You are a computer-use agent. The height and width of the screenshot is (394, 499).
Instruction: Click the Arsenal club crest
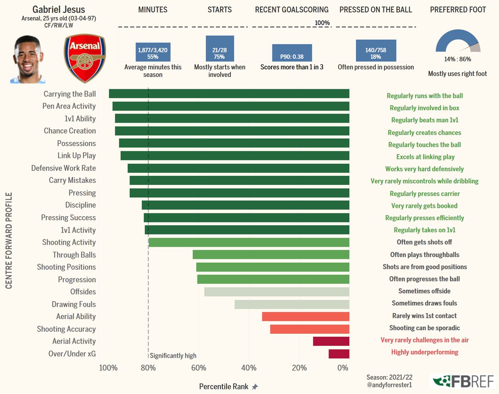[x=85, y=59]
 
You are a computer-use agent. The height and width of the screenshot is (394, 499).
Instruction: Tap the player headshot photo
[x=28, y=59]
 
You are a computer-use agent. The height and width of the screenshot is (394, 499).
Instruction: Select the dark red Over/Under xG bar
[x=338, y=354]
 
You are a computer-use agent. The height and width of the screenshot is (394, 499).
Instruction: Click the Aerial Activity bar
[x=331, y=341]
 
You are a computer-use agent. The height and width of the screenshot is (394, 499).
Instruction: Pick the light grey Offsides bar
[x=277, y=292]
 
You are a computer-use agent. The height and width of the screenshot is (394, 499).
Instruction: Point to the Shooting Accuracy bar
[x=309, y=329]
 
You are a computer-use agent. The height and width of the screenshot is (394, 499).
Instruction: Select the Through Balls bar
[x=271, y=255]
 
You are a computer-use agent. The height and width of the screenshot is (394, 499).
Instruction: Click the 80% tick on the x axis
[x=148, y=368]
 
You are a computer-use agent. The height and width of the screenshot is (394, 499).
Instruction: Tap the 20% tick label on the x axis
[x=299, y=368]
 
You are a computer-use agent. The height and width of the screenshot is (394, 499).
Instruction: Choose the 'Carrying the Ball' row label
[x=69, y=94]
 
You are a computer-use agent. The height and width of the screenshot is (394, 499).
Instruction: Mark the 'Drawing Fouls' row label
[x=74, y=304]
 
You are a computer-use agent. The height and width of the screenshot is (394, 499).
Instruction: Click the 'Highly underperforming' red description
[x=425, y=352]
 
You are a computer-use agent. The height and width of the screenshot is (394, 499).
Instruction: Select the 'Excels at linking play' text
[x=425, y=157]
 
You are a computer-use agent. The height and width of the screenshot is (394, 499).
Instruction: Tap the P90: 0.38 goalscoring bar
[x=292, y=53]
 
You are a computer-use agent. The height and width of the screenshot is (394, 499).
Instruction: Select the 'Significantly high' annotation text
[x=173, y=356]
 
